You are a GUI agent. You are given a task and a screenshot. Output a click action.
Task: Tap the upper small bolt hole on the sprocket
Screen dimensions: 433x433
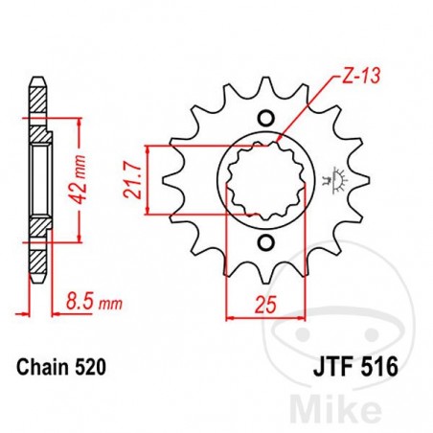pyautogui.click(x=266, y=118)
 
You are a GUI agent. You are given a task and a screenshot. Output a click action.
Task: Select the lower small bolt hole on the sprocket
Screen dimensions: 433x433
pyautogui.click(x=267, y=239)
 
